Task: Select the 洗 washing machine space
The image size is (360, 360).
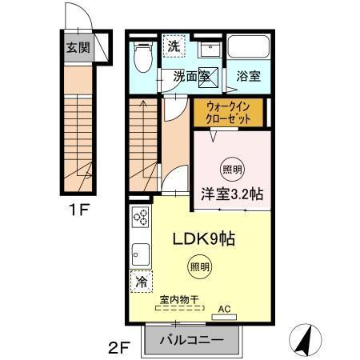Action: [174, 46]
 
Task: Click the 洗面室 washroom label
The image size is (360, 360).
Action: [192, 77]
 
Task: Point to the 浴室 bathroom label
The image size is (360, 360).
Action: [248, 77]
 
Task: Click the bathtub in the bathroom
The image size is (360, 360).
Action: [248, 46]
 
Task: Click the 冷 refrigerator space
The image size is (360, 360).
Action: [141, 282]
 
